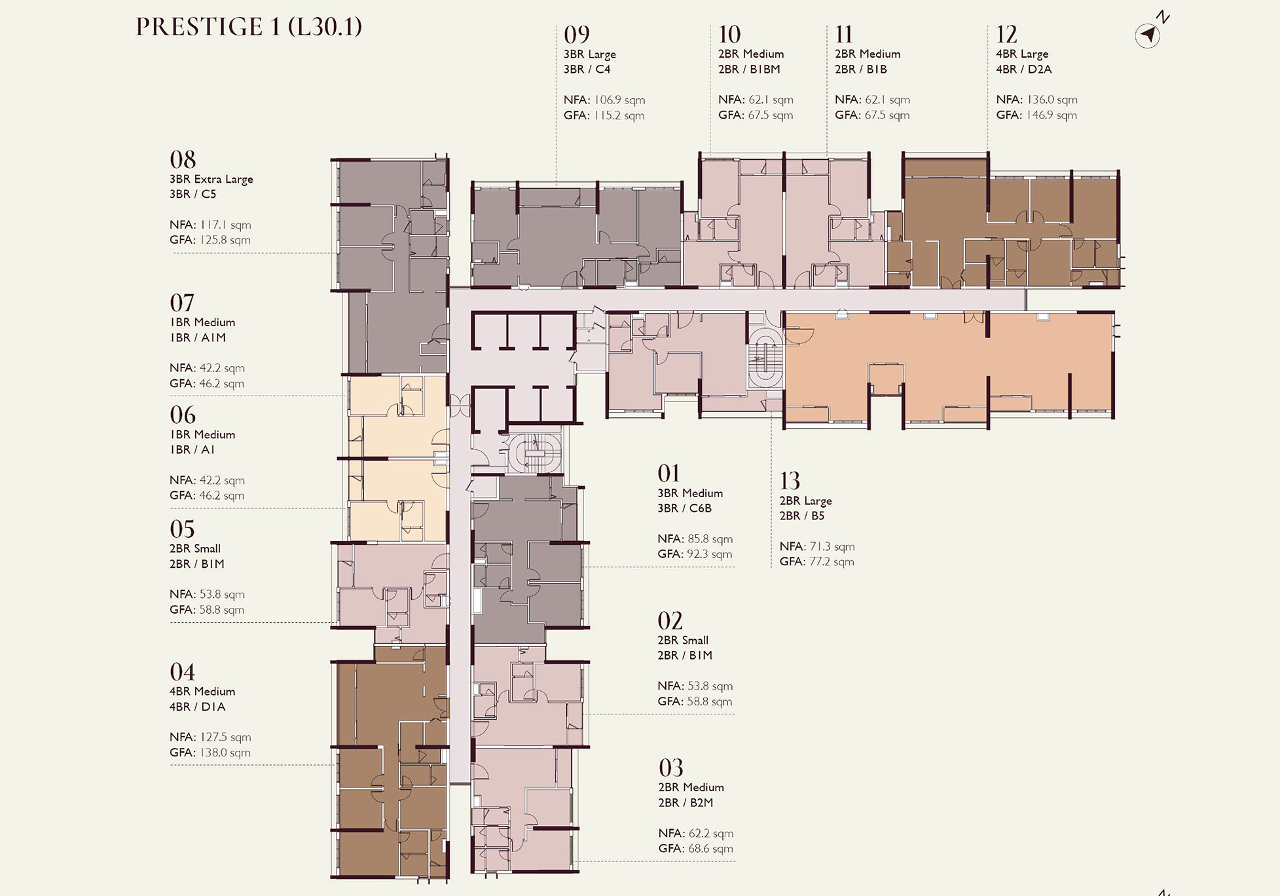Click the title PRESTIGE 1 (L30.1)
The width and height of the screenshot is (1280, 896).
(249, 27)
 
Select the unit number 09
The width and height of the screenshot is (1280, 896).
(577, 34)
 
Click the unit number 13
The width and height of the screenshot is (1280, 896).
(790, 481)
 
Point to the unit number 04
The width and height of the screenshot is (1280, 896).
(182, 672)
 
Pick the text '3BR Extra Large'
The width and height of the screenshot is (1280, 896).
(211, 179)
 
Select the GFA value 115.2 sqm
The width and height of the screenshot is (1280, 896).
(619, 115)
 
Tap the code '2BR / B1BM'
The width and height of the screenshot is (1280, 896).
(749, 69)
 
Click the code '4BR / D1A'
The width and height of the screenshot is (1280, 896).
(197, 707)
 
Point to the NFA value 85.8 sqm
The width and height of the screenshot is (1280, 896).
(710, 539)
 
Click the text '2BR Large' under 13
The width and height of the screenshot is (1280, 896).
(805, 501)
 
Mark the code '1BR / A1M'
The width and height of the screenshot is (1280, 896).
(198, 337)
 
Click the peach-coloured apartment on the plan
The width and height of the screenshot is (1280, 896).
(949, 367)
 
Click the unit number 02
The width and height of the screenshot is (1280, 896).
(670, 621)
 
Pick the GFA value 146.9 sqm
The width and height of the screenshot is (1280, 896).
(1051, 115)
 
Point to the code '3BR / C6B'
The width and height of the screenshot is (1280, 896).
(684, 508)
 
